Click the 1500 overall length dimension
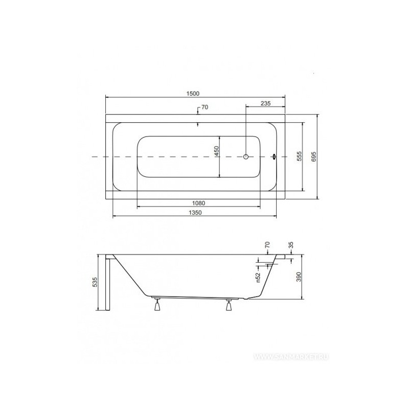pyautogui.click(x=193, y=94)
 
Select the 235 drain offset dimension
pyautogui.click(x=265, y=103)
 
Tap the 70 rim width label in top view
pyautogui.click(x=205, y=107)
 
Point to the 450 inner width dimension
pyautogui.click(x=216, y=151)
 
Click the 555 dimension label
pyautogui.click(x=300, y=156)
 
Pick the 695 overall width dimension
pyautogui.click(x=314, y=156)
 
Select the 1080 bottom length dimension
pyautogui.click(x=199, y=203)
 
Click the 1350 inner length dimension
pyautogui.click(x=195, y=213)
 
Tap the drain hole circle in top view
pyautogui.click(x=246, y=157)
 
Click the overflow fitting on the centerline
pyautogui.click(x=274, y=157)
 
